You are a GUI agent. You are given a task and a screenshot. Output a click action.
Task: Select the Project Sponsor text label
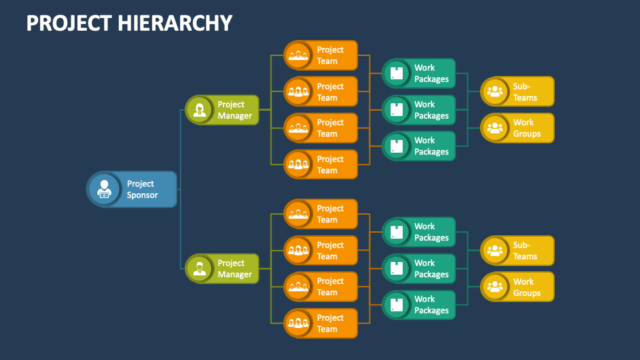141,189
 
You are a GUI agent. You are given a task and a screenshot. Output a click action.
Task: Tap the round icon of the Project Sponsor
103,189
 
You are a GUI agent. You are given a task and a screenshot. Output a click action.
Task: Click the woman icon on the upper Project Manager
199,110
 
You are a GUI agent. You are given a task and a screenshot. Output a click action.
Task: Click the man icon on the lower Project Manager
199,269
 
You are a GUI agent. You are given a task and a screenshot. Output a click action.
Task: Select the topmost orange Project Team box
321,55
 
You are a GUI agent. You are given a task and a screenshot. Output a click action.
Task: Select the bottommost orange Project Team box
321,323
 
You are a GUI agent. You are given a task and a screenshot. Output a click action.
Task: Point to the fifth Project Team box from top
321,214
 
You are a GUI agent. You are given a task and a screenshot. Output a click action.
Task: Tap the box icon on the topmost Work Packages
397,73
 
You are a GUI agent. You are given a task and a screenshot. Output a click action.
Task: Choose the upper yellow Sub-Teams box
518,92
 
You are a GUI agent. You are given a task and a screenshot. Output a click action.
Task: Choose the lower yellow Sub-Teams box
518,251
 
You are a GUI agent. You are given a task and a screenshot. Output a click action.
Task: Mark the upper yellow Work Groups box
518,128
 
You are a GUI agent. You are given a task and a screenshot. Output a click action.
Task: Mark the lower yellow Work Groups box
518,287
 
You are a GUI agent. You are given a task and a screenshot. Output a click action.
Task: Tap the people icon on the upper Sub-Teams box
495,92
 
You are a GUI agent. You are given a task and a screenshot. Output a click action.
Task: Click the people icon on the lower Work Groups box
495,287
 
